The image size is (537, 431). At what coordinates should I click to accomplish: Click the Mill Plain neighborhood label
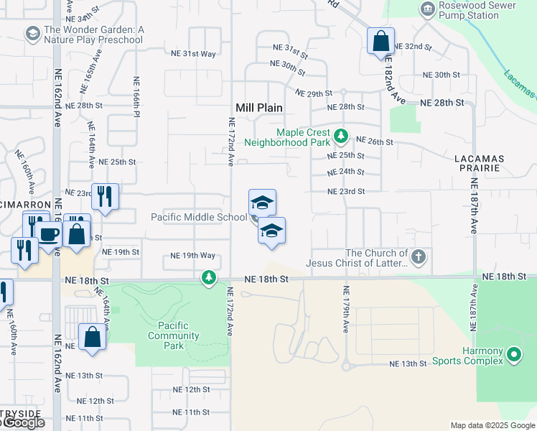coord(259,108)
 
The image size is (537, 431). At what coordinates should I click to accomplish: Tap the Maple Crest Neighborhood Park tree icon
coord(341,134)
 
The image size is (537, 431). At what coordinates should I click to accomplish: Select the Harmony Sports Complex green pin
coord(513,354)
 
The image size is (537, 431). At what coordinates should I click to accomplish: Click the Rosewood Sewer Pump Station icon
coord(428,9)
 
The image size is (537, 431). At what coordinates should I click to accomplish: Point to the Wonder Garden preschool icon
coord(32,34)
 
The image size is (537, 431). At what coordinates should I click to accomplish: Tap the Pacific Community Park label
coord(174,335)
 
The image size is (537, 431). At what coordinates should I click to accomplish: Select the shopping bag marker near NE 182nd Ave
coord(380,40)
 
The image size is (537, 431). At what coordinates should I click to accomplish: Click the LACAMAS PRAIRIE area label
coord(480,163)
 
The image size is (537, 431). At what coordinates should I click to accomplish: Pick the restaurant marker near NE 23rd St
coord(105,196)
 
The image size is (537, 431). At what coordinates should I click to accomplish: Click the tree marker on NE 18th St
coord(209,277)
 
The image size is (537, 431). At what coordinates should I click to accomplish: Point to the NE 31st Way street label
coord(193,54)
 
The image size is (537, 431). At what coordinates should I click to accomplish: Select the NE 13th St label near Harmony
coord(408,364)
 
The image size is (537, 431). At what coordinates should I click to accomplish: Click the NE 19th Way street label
coord(192,256)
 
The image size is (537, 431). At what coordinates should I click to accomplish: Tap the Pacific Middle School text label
coord(198,217)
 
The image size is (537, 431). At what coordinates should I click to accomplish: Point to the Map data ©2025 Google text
coord(492,425)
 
